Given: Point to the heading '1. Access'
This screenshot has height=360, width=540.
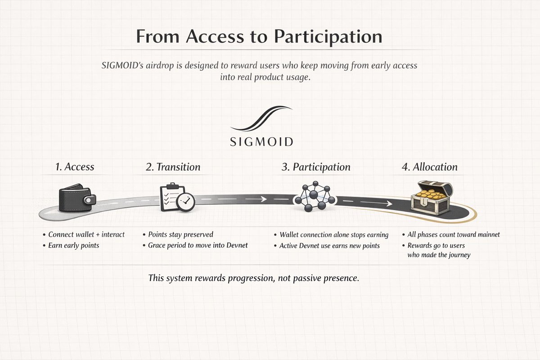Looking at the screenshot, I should coord(75,167).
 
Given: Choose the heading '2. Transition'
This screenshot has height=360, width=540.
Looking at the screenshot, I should coord(173,167).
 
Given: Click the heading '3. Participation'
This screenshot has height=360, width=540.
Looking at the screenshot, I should coord(316,167).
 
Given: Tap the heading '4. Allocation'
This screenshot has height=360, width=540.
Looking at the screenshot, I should coord(429,167).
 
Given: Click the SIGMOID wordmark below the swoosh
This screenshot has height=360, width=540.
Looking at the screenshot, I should coord(261,142).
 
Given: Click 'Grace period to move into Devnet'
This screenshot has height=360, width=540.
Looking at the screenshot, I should coord(198,246).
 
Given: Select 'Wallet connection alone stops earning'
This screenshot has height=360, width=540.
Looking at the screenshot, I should coord(334,235).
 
